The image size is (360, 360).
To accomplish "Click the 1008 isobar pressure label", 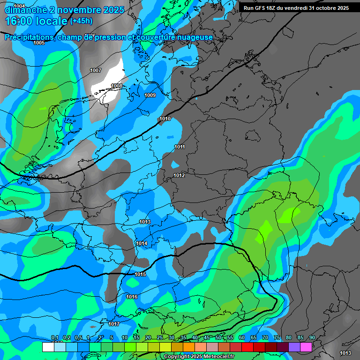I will pos(117,86).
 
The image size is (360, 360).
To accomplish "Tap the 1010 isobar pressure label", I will pos(165,119).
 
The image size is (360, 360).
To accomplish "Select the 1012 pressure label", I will pos(179,175).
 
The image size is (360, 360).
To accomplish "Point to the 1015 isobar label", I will pos(140,274).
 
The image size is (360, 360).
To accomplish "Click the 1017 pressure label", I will pos(114,324).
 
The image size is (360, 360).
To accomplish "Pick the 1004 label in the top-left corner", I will pos(19,6).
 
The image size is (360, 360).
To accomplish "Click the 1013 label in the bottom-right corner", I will pos(345,353).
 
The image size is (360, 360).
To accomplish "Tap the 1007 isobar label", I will pos(96,70).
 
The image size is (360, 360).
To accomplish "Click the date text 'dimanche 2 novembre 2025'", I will pos(64,10).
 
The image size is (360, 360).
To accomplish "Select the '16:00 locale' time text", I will pos(36,21).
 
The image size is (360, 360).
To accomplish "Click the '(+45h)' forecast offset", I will pos(81,21).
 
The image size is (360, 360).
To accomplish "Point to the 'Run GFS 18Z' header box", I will pos(296,8).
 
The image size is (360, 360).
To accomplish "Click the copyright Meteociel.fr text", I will pos(199,357).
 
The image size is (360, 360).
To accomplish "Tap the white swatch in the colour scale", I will pos(48,347).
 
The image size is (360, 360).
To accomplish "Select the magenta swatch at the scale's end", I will pos(306,347).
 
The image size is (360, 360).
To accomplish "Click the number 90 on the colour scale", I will pos(312,338).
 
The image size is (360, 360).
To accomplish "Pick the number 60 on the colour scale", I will pos(241,338).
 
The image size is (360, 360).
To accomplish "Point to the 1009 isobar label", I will pos(150,95).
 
